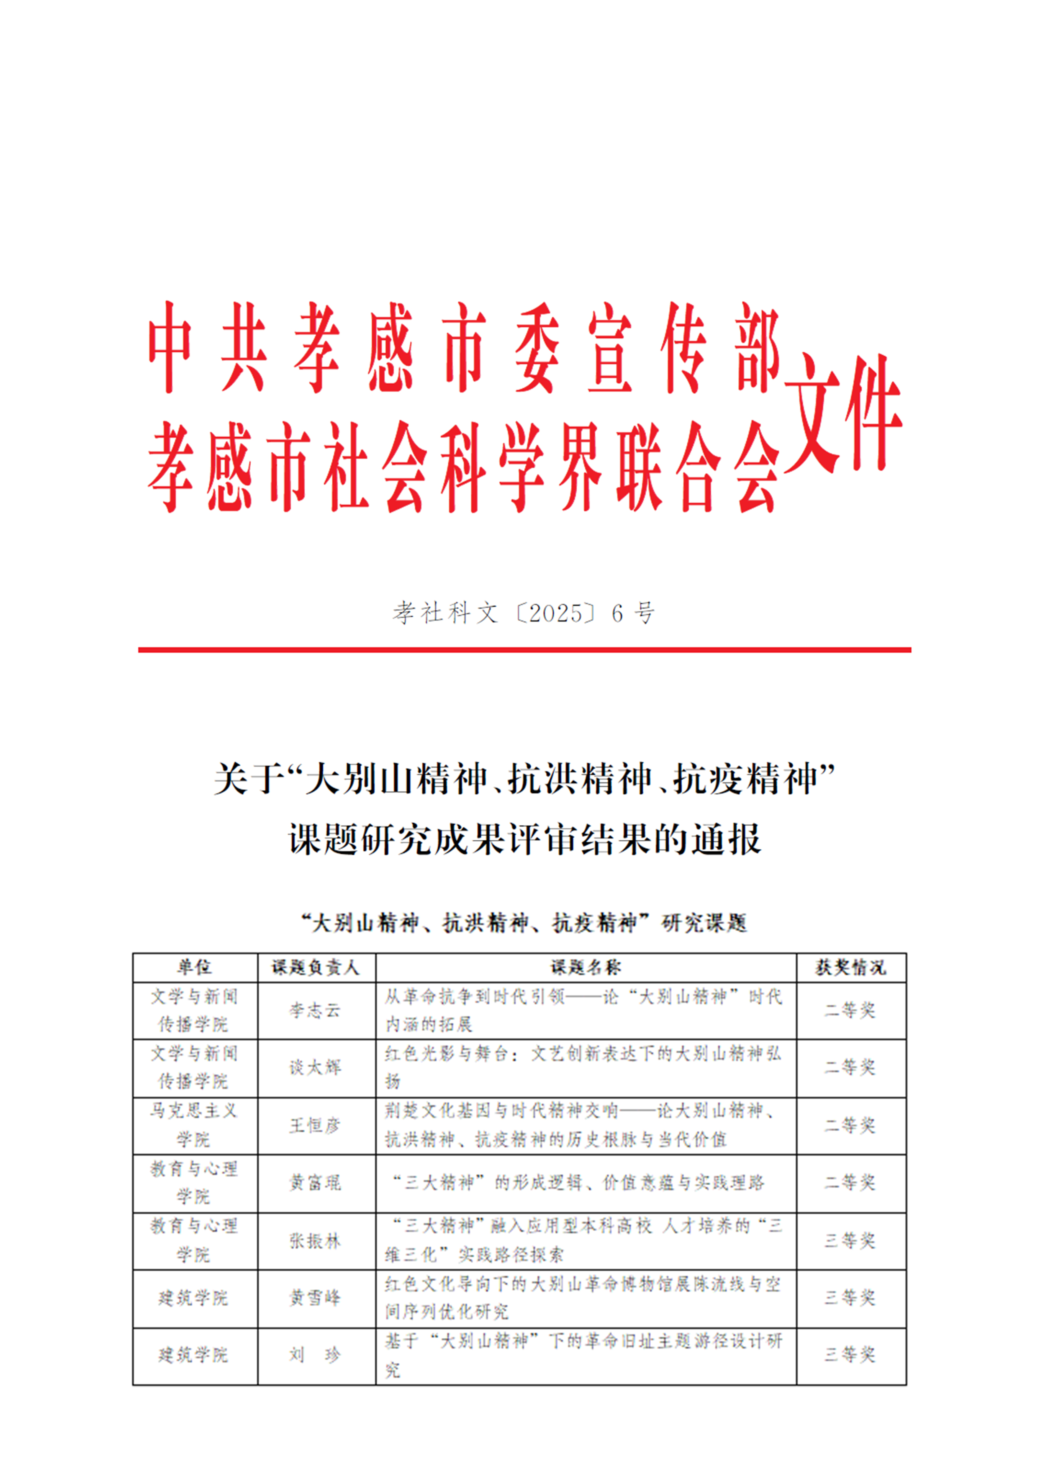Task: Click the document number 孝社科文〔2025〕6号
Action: tap(523, 613)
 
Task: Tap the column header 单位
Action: tap(195, 967)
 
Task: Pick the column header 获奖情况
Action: tap(850, 967)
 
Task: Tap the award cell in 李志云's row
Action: tap(850, 1010)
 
